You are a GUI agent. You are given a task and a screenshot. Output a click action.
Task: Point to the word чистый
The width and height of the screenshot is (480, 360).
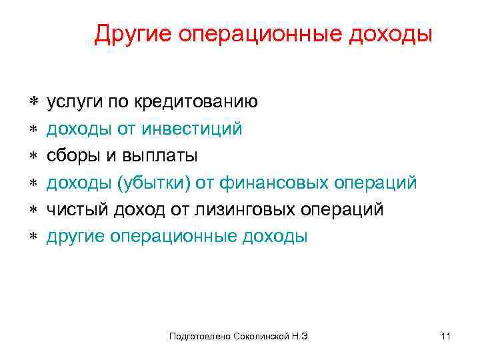point(72,210)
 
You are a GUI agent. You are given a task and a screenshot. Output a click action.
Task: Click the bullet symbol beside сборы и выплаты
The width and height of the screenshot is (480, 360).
point(33,157)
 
